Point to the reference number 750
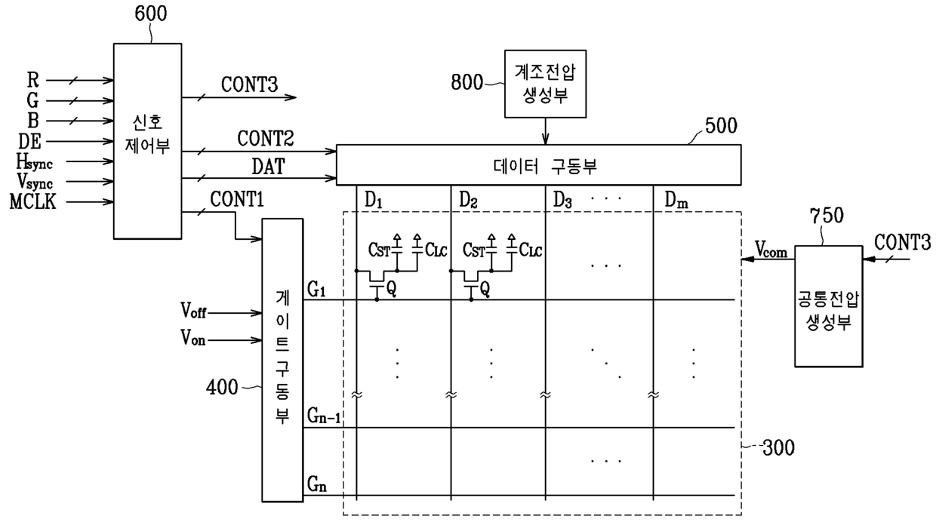point(827,216)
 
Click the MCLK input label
point(32,201)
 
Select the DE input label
point(29,140)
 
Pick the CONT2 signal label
point(266,139)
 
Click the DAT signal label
point(267,166)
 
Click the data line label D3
point(563,201)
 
